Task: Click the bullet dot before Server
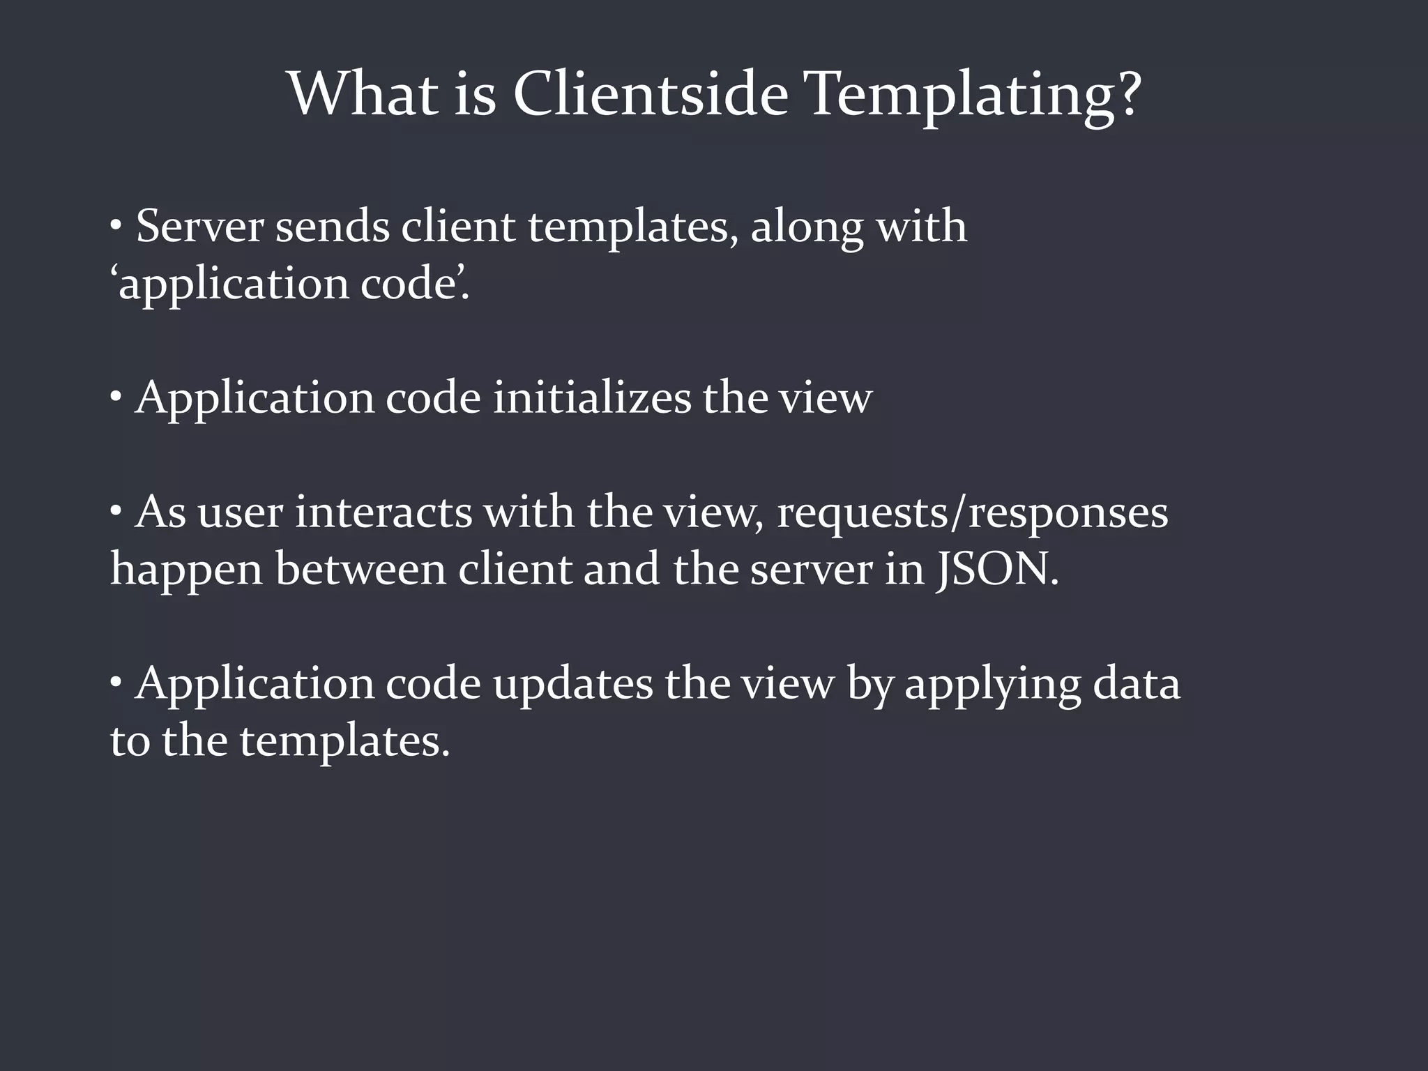click(x=116, y=227)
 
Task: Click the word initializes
click(x=591, y=398)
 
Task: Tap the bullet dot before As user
click(x=116, y=512)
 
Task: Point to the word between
click(x=360, y=569)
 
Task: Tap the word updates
click(x=572, y=684)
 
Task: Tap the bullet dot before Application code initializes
click(x=116, y=398)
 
